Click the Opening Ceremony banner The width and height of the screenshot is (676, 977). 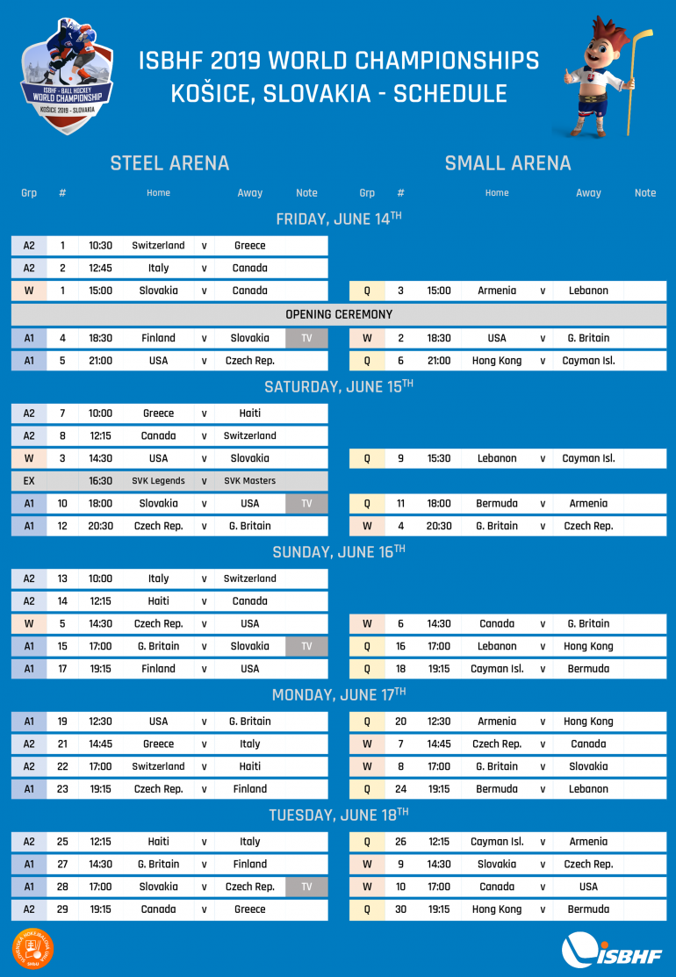[x=339, y=314]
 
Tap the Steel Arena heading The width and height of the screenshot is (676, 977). [x=169, y=163]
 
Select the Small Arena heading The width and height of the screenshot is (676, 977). [x=507, y=163]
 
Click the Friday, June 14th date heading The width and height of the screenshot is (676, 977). [x=339, y=219]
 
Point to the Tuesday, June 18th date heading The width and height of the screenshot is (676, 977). [x=339, y=815]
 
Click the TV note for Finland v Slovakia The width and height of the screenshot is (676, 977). [x=306, y=338]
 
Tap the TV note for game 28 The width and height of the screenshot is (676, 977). [x=306, y=887]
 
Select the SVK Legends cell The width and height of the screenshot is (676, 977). [x=158, y=481]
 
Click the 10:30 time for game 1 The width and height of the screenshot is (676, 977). [x=100, y=246]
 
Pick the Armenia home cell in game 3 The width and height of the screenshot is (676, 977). [x=497, y=291]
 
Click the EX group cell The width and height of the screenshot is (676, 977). [x=29, y=481]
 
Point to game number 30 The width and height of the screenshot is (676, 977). [x=400, y=909]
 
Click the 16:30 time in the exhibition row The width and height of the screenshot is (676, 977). [x=100, y=481]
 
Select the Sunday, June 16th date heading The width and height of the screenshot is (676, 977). [x=339, y=551]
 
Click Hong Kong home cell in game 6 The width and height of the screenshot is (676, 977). [x=497, y=361]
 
